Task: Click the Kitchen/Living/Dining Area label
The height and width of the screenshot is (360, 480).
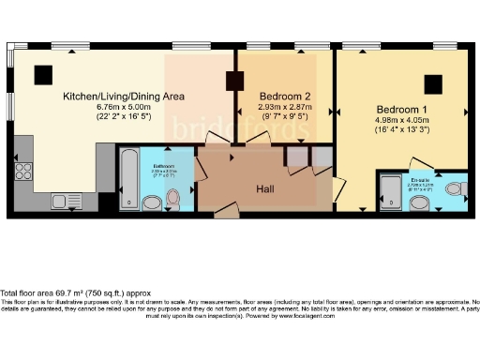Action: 123,97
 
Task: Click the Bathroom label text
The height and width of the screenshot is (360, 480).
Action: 165,166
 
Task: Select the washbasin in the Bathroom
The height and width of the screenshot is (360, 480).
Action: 151,202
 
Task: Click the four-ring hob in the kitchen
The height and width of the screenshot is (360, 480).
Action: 23,172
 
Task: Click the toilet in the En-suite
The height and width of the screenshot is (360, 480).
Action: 454,189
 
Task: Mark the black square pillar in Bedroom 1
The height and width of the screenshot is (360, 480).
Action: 433,83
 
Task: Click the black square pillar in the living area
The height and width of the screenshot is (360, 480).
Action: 43,75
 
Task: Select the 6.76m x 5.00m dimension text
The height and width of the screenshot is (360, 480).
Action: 124,108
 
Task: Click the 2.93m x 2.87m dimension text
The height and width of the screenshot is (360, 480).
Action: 285,108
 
